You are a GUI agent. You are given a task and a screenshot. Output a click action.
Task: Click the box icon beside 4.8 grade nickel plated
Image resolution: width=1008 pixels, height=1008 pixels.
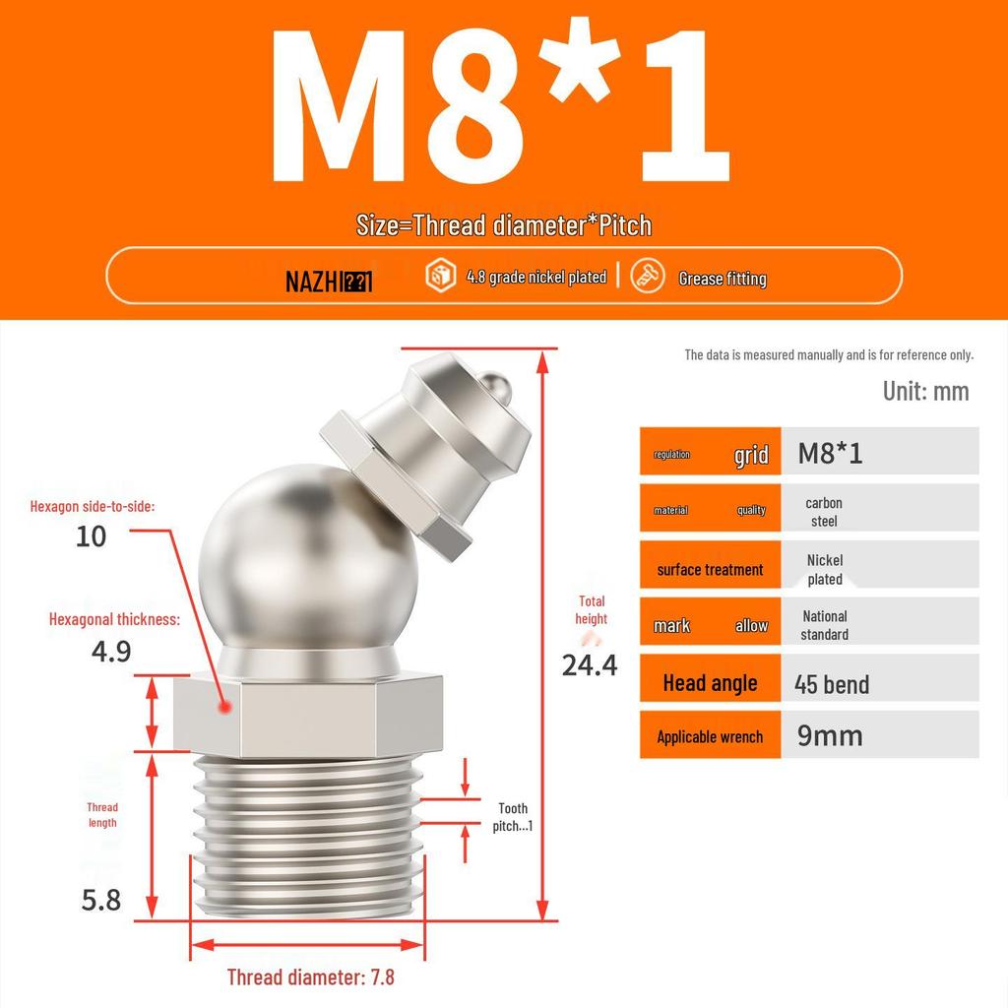[439, 277]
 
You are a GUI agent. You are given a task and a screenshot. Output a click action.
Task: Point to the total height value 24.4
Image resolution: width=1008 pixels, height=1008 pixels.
[590, 665]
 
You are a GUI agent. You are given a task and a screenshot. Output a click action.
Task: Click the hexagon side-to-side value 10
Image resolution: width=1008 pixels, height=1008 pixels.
[92, 536]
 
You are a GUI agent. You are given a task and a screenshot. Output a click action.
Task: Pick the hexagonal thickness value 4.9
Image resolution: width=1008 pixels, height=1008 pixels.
[111, 651]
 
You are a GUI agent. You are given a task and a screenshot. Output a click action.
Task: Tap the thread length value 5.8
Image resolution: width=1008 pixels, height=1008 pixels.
[101, 900]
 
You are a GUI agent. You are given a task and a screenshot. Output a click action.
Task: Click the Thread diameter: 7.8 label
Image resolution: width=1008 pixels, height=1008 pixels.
[310, 976]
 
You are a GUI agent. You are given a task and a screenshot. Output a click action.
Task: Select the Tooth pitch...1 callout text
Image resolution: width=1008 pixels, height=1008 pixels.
[513, 817]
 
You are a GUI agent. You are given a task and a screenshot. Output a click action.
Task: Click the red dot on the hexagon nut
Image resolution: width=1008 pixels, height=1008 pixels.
[225, 707]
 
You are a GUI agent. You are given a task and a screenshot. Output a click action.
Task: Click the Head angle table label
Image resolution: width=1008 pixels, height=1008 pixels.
[710, 683]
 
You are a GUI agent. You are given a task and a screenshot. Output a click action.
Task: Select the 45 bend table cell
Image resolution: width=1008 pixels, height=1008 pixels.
[832, 684]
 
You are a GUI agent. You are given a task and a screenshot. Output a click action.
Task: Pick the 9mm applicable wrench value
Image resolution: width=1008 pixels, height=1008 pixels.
[830, 735]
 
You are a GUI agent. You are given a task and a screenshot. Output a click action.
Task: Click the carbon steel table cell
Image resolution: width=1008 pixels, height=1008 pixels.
[824, 512]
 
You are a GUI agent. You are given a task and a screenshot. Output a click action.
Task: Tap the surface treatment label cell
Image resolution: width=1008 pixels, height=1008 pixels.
[710, 570]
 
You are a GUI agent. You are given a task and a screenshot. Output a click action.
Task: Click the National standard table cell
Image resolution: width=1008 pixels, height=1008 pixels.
[824, 625]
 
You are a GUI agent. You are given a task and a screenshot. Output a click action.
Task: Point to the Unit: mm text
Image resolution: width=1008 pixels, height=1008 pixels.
[925, 391]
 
